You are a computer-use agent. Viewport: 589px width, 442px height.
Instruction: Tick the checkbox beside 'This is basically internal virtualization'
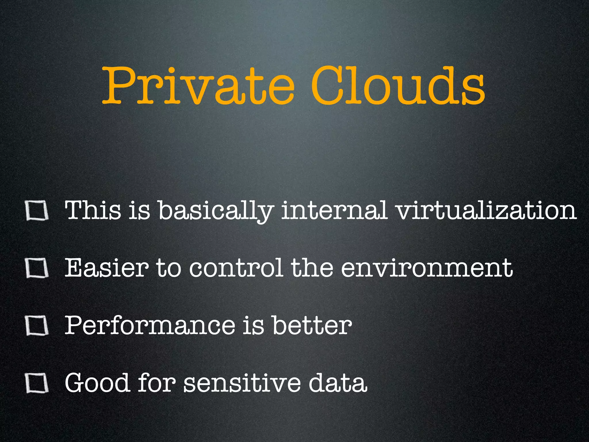click(37, 211)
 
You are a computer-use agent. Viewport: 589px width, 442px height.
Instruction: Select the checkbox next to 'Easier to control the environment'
click(37, 268)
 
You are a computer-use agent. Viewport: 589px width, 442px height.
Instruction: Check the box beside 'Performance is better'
click(37, 325)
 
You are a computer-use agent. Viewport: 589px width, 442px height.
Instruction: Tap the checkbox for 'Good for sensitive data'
click(37, 383)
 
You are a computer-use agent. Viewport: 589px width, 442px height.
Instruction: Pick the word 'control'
click(236, 268)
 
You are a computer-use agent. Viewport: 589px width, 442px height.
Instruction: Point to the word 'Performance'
click(150, 325)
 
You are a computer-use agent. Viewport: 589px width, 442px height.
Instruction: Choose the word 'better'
click(312, 325)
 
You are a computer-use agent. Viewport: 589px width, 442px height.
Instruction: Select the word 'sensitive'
click(242, 383)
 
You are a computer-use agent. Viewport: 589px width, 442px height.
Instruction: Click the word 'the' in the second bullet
click(312, 268)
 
